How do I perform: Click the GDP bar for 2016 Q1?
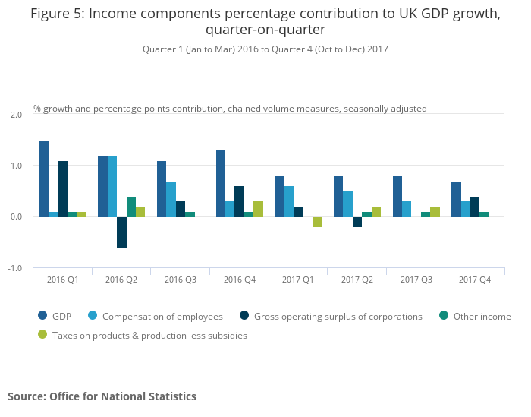44,178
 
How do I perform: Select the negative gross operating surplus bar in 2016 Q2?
121,232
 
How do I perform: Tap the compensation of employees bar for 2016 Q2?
112,186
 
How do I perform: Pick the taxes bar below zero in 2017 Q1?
317,222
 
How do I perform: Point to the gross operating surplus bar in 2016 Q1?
63,189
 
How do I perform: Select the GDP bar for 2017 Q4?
455,199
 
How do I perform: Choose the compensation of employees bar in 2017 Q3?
407,209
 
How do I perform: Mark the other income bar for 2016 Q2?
131,207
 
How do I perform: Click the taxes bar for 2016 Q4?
258,209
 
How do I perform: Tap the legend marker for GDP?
42,317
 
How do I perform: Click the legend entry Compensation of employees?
162,317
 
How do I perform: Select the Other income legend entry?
482,317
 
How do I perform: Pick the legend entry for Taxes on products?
149,335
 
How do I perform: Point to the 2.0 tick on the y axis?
16,114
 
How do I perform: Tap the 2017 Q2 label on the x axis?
357,280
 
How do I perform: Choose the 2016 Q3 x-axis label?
181,280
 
